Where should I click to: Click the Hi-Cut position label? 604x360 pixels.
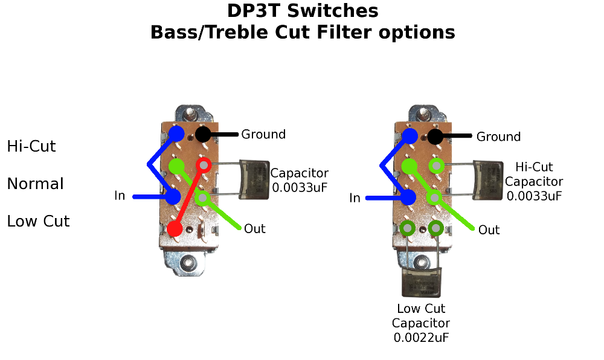tap(31, 146)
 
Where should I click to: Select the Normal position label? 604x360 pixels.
tap(35, 184)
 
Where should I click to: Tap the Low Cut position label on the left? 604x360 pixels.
tap(38, 222)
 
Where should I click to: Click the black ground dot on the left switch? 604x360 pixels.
tap(203, 134)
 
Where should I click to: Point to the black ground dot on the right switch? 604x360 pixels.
tap(437, 136)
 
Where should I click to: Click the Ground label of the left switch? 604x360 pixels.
tap(263, 134)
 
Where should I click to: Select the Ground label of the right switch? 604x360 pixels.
tap(498, 137)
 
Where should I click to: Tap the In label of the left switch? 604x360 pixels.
tap(120, 196)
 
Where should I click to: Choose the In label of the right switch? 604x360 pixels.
tap(355, 198)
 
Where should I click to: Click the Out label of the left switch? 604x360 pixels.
tap(255, 229)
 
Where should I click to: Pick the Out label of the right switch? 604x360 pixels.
tap(489, 230)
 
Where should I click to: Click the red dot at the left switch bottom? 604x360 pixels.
tap(175, 229)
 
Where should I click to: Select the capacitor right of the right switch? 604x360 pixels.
tap(488, 179)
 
